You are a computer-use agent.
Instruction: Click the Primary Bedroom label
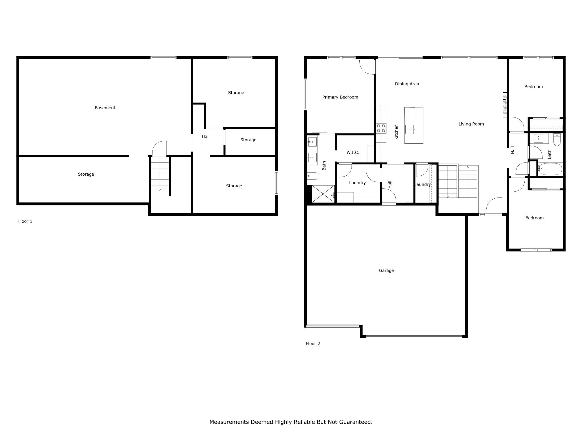[340, 97]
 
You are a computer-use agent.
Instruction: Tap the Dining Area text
[407, 84]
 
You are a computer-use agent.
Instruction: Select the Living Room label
[471, 124]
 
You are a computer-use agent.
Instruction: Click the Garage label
[386, 271]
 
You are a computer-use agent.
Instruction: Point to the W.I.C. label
[353, 152]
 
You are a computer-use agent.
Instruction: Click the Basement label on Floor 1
[105, 108]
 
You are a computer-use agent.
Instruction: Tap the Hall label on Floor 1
[205, 136]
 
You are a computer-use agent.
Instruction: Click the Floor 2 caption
[313, 344]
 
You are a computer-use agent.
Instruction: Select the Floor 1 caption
[25, 221]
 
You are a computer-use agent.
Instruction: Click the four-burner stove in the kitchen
[381, 128]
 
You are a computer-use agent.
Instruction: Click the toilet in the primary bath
[313, 176]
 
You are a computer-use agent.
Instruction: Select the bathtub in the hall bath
[550, 169]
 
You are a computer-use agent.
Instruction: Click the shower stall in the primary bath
[323, 194]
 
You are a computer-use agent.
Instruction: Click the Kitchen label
[396, 132]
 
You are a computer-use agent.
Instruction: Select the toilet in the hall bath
[557, 140]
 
